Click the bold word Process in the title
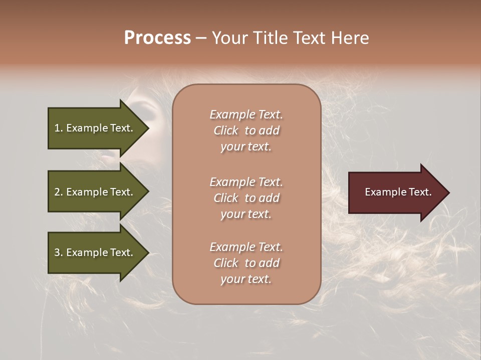click(x=157, y=38)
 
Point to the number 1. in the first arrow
click(x=59, y=128)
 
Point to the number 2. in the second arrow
click(x=59, y=192)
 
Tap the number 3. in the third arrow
click(x=59, y=252)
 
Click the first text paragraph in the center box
click(x=246, y=130)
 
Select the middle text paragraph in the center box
click(x=246, y=198)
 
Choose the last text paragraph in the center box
click(x=246, y=263)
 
